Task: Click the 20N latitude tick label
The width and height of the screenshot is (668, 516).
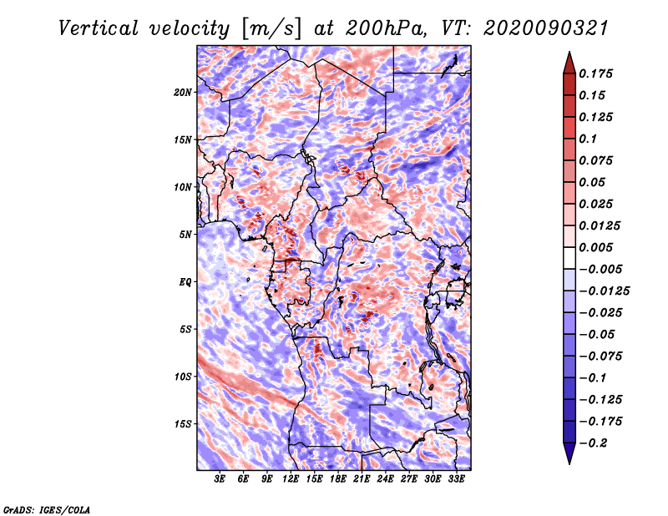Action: tap(183, 93)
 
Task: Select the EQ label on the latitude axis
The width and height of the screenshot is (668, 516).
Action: tap(185, 282)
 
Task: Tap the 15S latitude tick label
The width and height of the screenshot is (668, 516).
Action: tap(183, 424)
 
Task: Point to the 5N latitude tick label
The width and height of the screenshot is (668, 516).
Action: tap(185, 235)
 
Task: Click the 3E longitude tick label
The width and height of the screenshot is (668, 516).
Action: tap(220, 479)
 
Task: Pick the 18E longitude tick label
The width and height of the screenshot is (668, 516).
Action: tap(338, 479)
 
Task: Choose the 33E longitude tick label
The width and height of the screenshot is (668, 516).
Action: tap(456, 479)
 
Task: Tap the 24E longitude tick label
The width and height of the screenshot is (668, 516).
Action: tap(385, 479)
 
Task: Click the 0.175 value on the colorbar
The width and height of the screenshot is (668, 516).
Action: tap(595, 73)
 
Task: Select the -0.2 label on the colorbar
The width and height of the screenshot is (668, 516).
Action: tap(594, 443)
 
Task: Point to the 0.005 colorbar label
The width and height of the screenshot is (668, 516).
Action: tap(595, 247)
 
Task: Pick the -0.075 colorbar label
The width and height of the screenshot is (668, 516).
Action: tap(600, 357)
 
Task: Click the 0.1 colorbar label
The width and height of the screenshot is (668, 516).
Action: tap(588, 139)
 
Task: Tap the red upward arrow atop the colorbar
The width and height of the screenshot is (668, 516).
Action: tap(569, 63)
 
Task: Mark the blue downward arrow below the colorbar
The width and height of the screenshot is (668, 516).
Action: tap(569, 453)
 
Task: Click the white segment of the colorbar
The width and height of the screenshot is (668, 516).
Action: tap(569, 258)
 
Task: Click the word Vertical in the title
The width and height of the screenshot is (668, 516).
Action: tap(99, 28)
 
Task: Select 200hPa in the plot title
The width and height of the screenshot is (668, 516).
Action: tap(386, 28)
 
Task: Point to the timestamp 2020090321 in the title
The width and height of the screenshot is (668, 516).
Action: tap(546, 28)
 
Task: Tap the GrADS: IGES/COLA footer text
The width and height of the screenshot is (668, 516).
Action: tap(47, 510)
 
